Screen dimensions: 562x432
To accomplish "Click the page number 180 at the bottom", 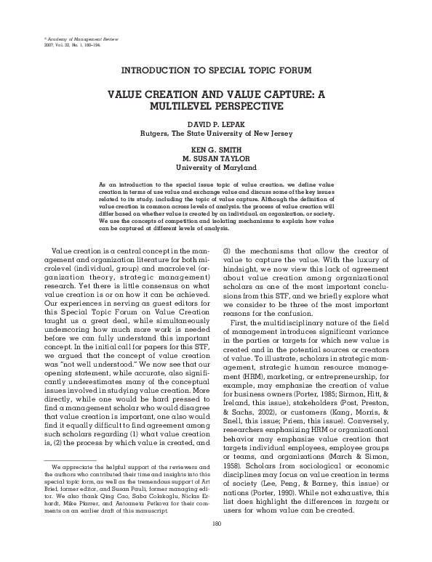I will pyautogui.click(x=216, y=544).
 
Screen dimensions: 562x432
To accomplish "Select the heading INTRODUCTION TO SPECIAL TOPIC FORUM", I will pyautogui.click(x=216, y=70).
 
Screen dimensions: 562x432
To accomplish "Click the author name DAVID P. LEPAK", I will pyautogui.click(x=216, y=125).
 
